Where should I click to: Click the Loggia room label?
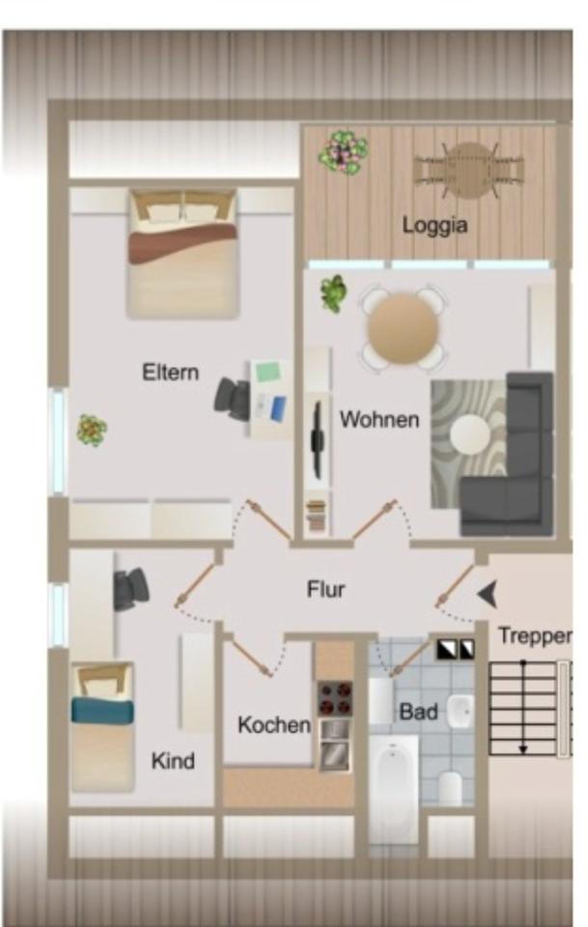coord(434,225)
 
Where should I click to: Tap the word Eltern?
coord(170,372)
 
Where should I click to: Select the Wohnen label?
coord(379,419)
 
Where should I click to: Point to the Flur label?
coord(325,589)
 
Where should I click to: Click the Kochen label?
coord(274,724)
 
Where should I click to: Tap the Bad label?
coord(418,713)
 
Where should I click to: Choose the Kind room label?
coord(173,761)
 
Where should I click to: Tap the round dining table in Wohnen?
coord(403,327)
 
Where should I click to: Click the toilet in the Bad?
coord(451,787)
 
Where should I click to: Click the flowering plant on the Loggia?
coord(344,152)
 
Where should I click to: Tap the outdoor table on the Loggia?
coord(469,169)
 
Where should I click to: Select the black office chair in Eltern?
coord(233,397)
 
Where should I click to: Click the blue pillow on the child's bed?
coord(102,711)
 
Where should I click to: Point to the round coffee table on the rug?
coord(471,434)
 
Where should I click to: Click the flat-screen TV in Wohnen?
coord(316,439)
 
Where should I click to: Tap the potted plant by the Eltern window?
coord(92,429)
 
